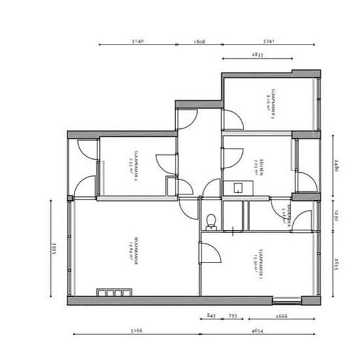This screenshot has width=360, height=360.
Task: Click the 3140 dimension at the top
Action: click(x=137, y=41)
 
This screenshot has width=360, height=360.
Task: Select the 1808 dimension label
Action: click(x=200, y=41)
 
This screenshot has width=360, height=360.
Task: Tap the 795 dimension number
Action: click(x=233, y=315)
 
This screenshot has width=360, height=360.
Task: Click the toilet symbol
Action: click(x=211, y=221)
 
